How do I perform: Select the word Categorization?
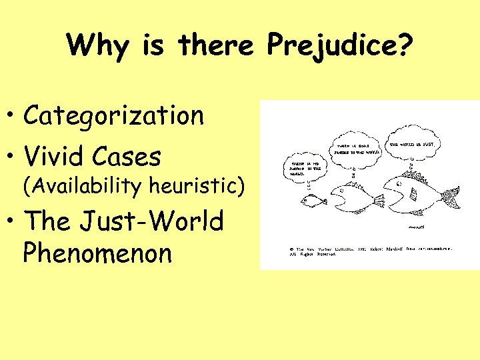pos(114,116)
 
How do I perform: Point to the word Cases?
pos(127,157)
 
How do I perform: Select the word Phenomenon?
pos(97,253)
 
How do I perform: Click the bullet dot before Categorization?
pos(13,117)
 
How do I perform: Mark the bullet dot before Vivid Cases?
pos(13,158)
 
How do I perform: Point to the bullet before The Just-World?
pos(13,221)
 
